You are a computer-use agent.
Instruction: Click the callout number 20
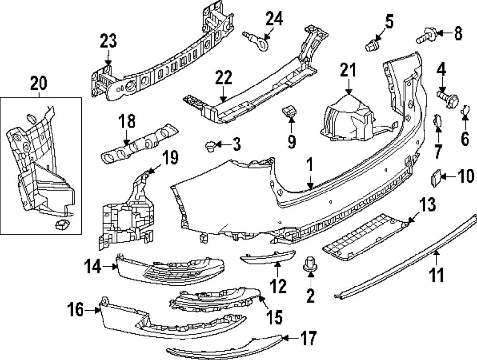pyautogui.click(x=39, y=84)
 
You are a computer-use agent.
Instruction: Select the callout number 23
pyautogui.click(x=108, y=41)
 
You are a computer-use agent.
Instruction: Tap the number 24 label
pyautogui.click(x=274, y=19)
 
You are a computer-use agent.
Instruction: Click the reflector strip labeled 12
pyautogui.click(x=267, y=258)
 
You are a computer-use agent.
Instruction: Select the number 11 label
pyautogui.click(x=437, y=275)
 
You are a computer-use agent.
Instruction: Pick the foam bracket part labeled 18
pyautogui.click(x=138, y=143)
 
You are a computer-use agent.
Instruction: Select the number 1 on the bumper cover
pyautogui.click(x=309, y=167)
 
